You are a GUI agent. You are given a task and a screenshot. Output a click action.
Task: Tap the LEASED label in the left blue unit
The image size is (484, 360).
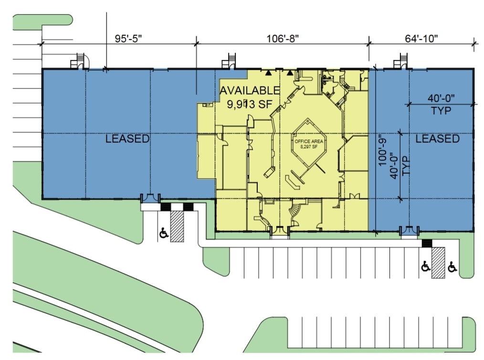127,139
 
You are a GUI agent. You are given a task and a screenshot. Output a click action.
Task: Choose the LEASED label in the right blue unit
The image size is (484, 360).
437,138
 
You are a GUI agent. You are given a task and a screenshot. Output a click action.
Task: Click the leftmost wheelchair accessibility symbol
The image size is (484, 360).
163,233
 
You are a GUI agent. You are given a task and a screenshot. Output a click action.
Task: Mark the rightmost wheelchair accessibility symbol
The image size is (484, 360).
452,267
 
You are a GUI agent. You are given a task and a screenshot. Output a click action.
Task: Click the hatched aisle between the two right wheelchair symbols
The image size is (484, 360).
438,263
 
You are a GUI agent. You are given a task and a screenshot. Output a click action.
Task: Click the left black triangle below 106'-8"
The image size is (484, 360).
269,73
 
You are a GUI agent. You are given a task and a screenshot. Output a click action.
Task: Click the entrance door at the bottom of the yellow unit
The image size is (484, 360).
279,232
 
